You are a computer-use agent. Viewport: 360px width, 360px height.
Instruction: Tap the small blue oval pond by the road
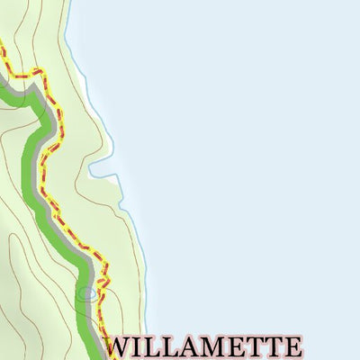(x=87, y=293)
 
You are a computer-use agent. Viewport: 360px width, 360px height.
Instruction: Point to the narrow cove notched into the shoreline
(x=101, y=168)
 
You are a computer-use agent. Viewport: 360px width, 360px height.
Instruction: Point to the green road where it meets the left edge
(x=3, y=85)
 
